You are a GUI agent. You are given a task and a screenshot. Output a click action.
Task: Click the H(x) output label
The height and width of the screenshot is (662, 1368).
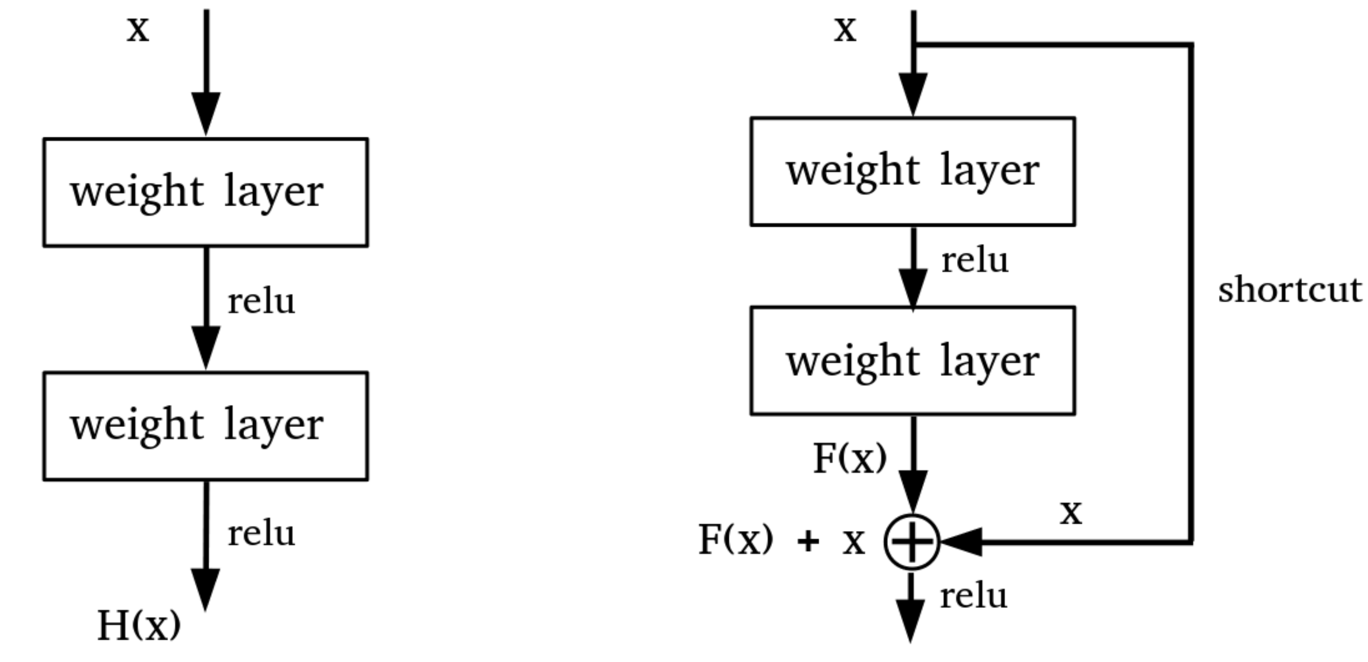(138, 625)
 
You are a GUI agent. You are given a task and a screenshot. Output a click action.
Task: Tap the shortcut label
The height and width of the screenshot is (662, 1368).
(1289, 291)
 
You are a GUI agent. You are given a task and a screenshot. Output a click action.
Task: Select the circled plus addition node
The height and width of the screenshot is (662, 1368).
(912, 542)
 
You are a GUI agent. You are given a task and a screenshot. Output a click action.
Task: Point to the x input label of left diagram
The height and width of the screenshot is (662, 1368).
(138, 30)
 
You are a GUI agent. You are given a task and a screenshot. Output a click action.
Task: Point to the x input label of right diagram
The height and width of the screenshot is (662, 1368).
(845, 30)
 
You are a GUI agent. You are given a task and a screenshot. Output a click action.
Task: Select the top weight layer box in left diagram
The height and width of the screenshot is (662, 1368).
(206, 192)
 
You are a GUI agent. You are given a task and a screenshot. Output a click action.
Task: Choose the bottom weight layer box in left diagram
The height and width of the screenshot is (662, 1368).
(206, 426)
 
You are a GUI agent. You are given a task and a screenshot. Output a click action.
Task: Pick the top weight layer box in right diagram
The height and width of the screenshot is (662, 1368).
(913, 172)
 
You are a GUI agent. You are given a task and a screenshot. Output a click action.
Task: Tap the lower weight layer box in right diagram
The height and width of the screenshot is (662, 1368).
(913, 361)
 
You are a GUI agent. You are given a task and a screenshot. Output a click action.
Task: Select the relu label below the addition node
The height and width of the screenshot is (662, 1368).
(973, 596)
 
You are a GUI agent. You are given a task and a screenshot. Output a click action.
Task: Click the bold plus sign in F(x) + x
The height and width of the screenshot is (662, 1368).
(808, 543)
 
